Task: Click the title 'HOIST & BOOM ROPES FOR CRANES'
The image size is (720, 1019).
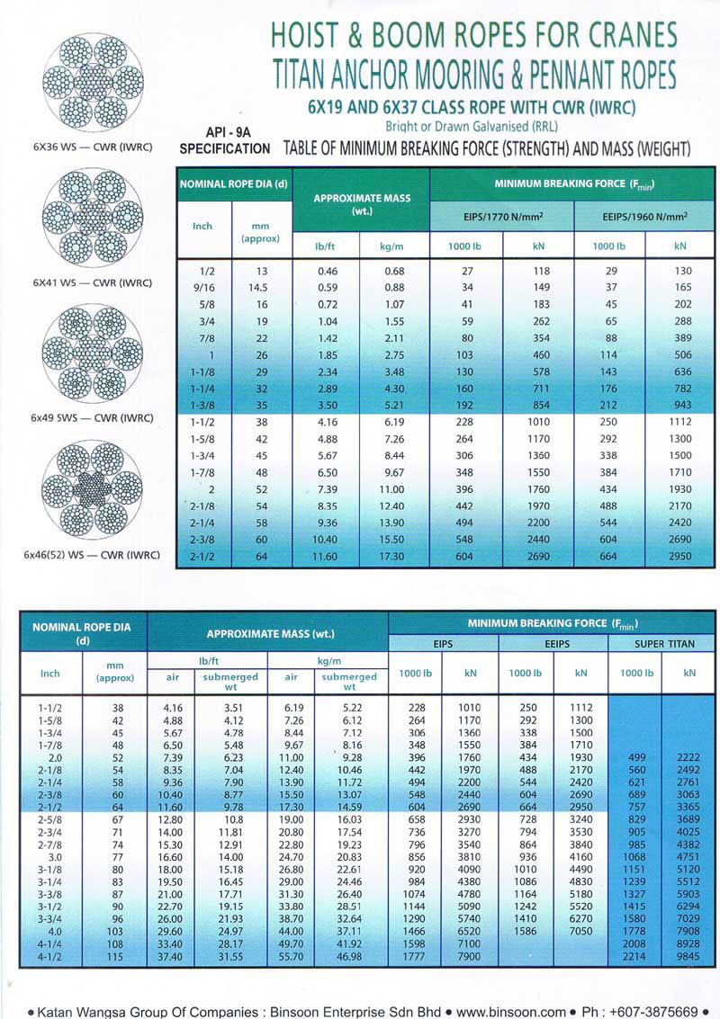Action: [473, 35]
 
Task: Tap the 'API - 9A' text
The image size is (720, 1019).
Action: [224, 130]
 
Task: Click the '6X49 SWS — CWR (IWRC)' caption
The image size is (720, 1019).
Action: [92, 418]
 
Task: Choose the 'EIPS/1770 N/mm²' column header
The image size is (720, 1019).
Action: [501, 217]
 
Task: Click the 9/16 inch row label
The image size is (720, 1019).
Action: [203, 288]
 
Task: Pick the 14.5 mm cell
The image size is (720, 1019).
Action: [259, 288]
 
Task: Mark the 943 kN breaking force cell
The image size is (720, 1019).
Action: [680, 405]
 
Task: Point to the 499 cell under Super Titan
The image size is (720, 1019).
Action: [634, 758]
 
